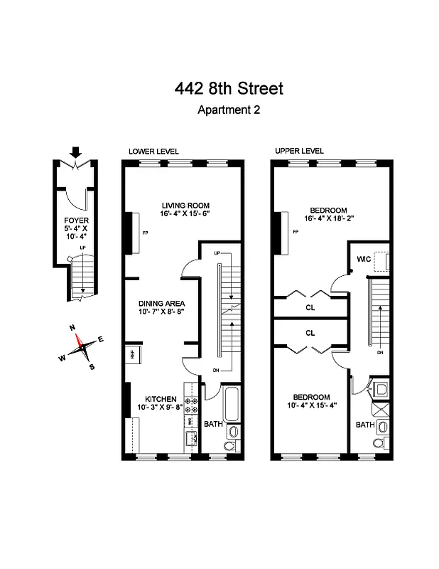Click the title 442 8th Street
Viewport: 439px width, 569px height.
[x=228, y=89]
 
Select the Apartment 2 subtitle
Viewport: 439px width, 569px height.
[x=228, y=110]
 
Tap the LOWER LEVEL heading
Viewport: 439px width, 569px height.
[x=153, y=151]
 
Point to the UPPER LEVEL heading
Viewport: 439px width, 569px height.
[x=299, y=151]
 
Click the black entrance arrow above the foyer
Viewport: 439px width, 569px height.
[x=76, y=152]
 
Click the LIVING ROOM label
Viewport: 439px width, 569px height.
[x=185, y=204]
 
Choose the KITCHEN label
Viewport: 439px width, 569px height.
[x=161, y=398]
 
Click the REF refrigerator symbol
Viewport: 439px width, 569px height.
[x=132, y=353]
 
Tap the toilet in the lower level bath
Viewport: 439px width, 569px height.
[x=231, y=446]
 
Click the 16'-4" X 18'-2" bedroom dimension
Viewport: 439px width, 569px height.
[x=328, y=219]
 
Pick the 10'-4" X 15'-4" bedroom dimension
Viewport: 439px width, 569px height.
[x=313, y=406]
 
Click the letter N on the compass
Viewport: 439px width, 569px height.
[x=72, y=327]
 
